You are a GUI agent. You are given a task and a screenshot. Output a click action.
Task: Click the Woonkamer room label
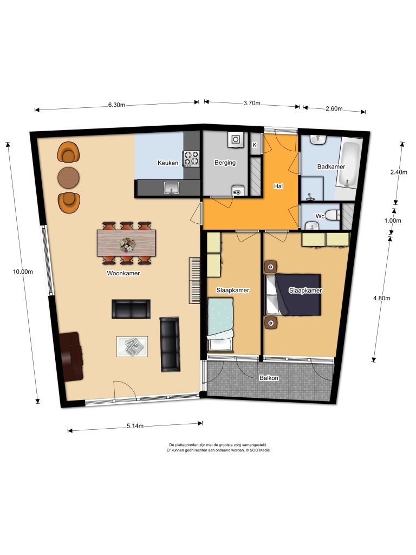click(123, 274)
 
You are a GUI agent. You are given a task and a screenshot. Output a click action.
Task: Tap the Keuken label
click(168, 163)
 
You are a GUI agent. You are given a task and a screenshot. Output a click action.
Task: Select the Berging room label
click(224, 163)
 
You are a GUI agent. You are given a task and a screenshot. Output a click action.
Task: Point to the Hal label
click(278, 186)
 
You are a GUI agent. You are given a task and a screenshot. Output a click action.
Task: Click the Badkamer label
click(331, 167)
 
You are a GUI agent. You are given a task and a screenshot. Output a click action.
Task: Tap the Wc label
click(320, 216)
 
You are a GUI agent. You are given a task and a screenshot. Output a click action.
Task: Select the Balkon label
click(269, 378)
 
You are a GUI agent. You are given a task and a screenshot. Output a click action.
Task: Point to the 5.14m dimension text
click(135, 426)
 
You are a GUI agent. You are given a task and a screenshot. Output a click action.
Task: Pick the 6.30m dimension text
click(116, 105)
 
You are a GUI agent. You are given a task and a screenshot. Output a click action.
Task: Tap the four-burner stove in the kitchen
click(192, 158)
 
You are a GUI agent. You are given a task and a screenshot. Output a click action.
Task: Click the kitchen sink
click(172, 188)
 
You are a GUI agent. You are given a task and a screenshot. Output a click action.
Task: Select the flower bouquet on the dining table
click(127, 245)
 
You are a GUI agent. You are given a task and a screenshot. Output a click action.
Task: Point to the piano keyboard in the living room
click(196, 280)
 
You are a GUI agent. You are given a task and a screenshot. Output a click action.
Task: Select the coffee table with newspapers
click(132, 347)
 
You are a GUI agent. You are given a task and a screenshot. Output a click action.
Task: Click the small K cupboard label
click(255, 145)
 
